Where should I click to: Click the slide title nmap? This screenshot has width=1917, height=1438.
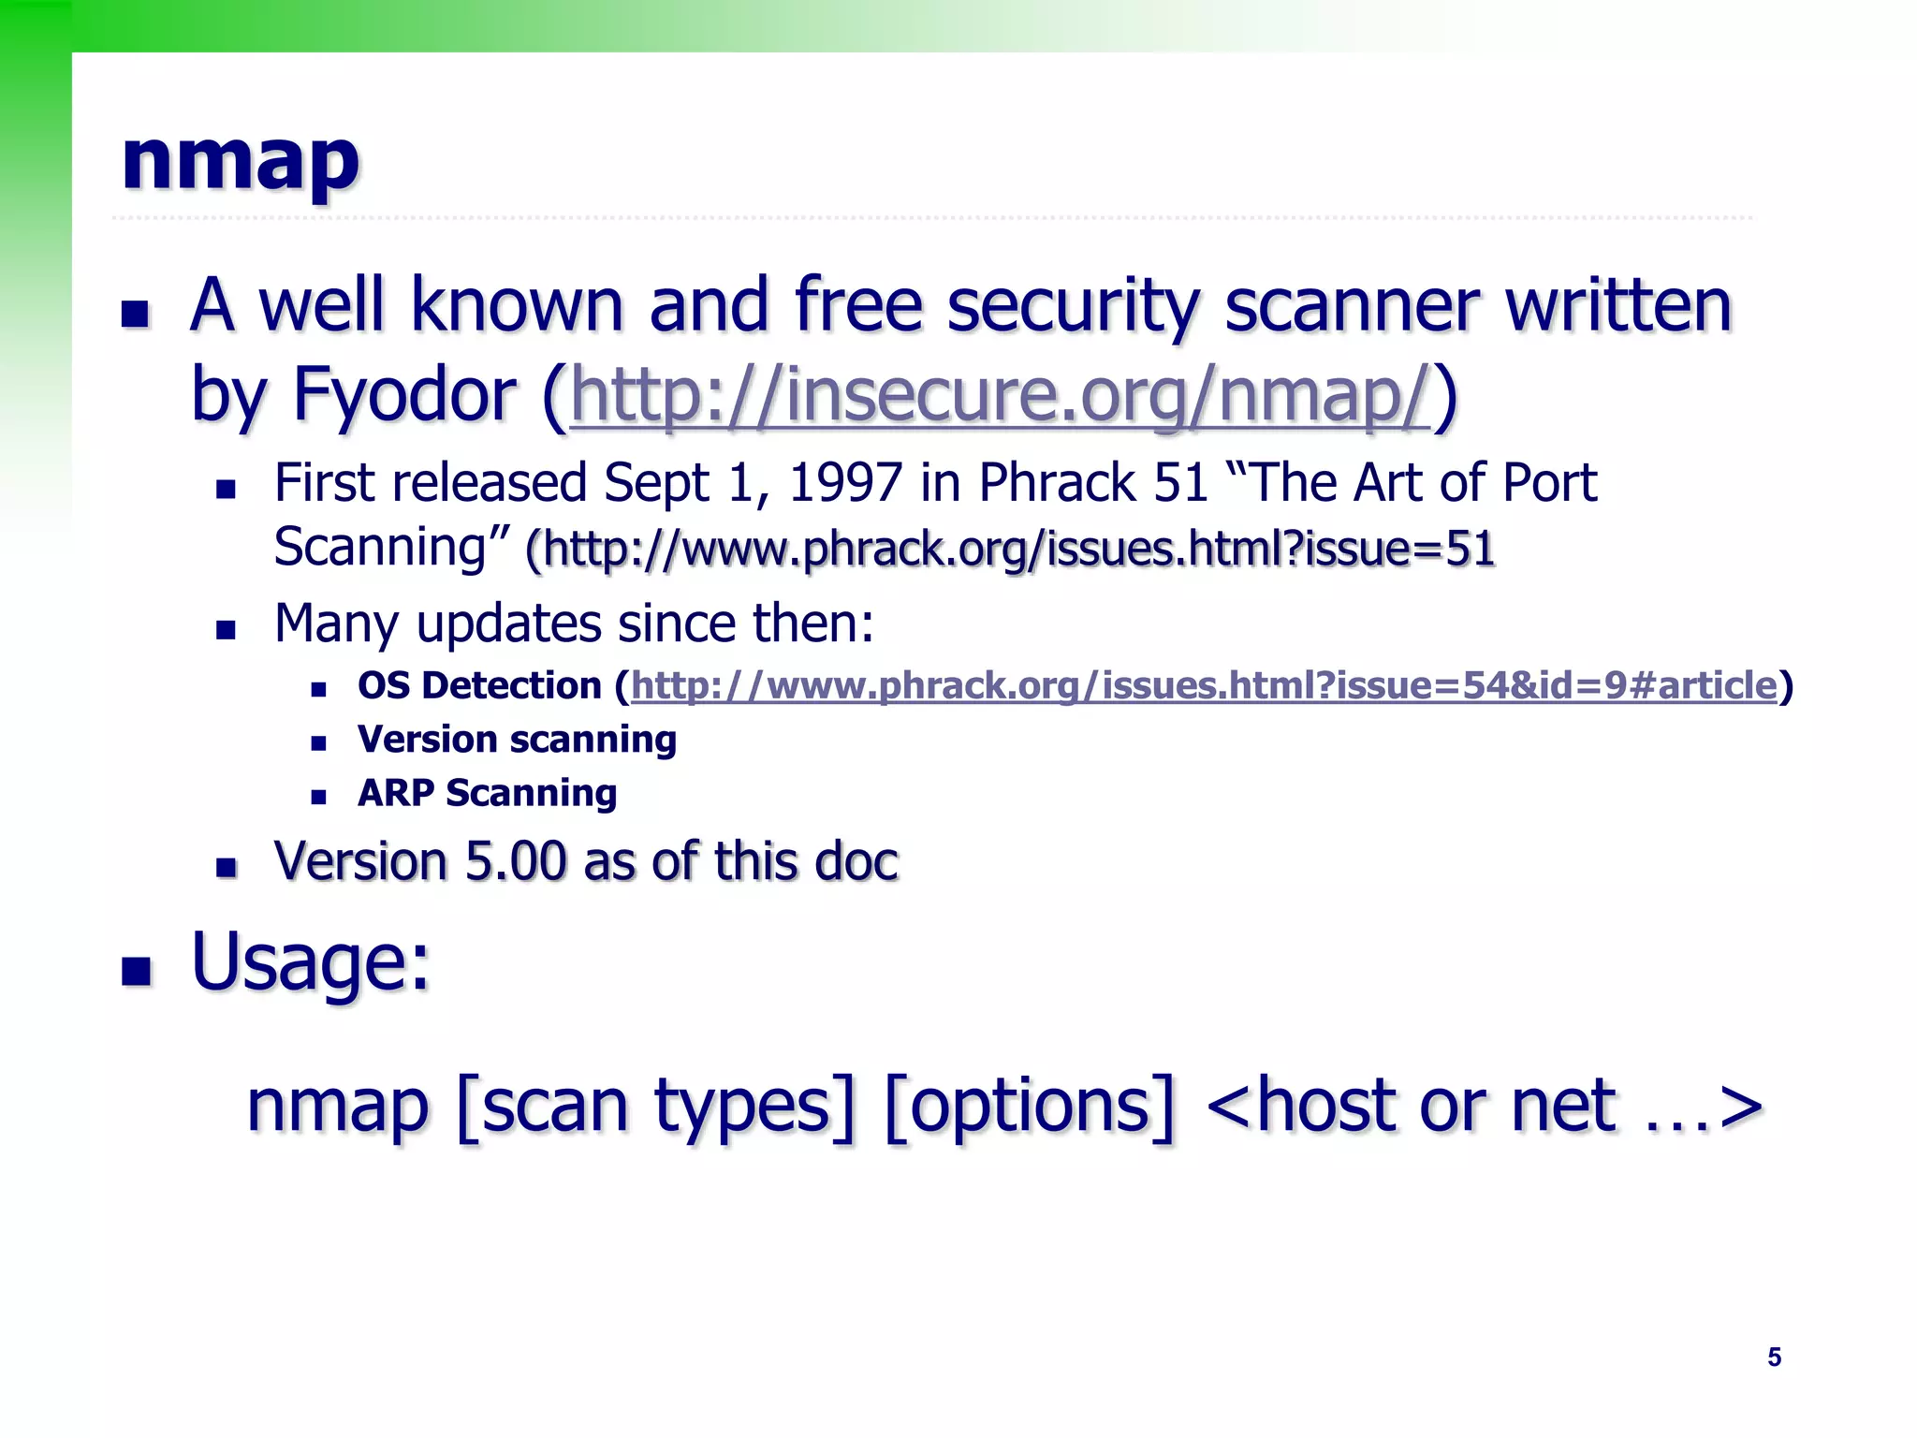point(240,161)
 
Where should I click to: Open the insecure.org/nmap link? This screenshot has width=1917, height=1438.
point(999,395)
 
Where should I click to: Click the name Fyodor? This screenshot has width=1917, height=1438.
point(403,395)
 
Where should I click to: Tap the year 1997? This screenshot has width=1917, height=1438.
point(844,484)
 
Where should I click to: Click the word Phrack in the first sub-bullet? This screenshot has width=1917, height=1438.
point(1057,484)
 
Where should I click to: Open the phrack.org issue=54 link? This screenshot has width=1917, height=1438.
point(1204,686)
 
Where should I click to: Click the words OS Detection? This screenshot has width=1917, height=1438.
point(479,686)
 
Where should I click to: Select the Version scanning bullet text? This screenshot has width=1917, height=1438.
point(517,740)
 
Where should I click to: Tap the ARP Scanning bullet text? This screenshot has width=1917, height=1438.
point(487,794)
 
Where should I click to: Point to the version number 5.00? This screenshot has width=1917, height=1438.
point(516,861)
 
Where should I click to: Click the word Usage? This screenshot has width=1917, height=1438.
point(311,962)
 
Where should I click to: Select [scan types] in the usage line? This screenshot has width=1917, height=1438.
point(655,1108)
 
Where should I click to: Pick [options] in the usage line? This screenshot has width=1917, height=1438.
point(1028,1108)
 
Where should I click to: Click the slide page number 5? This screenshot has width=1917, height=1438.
point(1774,1357)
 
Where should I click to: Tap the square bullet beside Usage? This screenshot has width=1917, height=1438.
point(136,972)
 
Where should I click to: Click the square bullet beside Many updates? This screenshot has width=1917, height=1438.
point(226,629)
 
